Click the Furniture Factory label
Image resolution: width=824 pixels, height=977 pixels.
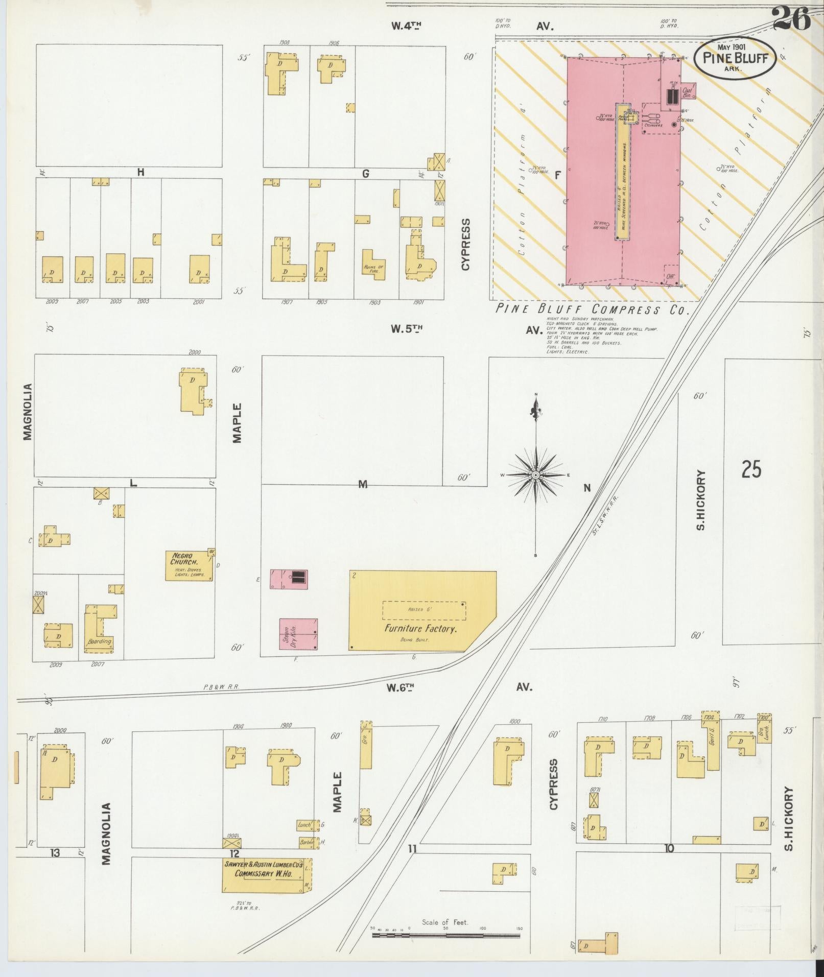click(420, 629)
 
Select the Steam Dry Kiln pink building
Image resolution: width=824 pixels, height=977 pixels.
click(298, 634)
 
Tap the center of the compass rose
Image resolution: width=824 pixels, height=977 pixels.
click(535, 475)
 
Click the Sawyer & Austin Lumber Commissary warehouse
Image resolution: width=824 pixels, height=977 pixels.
click(266, 875)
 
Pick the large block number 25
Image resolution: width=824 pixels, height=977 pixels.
click(751, 469)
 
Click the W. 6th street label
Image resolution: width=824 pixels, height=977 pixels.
click(403, 687)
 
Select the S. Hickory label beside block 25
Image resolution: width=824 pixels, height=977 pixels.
click(701, 501)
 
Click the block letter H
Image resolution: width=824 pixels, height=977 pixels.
click(140, 173)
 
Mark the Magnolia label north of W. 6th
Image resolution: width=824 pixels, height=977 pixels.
click(28, 412)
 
